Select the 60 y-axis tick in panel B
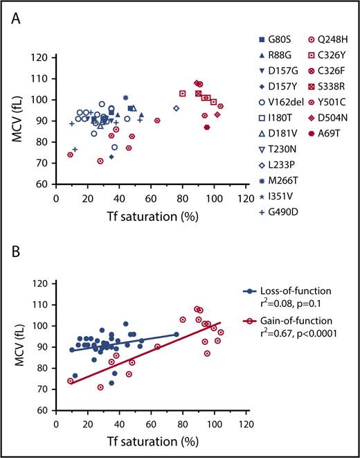(x=45, y=410)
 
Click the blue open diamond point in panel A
(x=176, y=108)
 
